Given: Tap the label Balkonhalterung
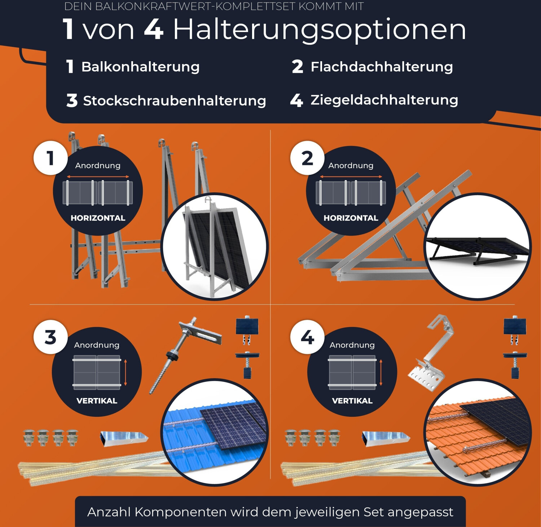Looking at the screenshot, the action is [x=140, y=67].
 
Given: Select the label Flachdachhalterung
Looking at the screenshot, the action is [x=382, y=67].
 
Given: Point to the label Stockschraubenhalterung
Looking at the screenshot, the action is [x=175, y=101].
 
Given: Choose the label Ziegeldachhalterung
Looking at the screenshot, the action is [x=384, y=100].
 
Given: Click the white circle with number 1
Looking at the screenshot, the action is [x=50, y=158].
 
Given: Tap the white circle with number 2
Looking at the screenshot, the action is [x=307, y=158].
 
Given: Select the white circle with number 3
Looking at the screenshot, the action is [x=50, y=337].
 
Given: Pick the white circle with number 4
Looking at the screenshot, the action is [x=307, y=337].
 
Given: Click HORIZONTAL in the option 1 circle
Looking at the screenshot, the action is [x=98, y=218].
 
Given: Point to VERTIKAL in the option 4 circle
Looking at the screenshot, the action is [x=352, y=401].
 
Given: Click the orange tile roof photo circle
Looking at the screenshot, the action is [x=478, y=432].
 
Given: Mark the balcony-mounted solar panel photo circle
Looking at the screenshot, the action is [x=215, y=247].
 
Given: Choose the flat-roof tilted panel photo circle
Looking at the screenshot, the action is [x=477, y=247].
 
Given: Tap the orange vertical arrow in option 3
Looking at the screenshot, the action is [x=126, y=372].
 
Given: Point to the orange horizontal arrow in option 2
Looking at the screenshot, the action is [x=351, y=177].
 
